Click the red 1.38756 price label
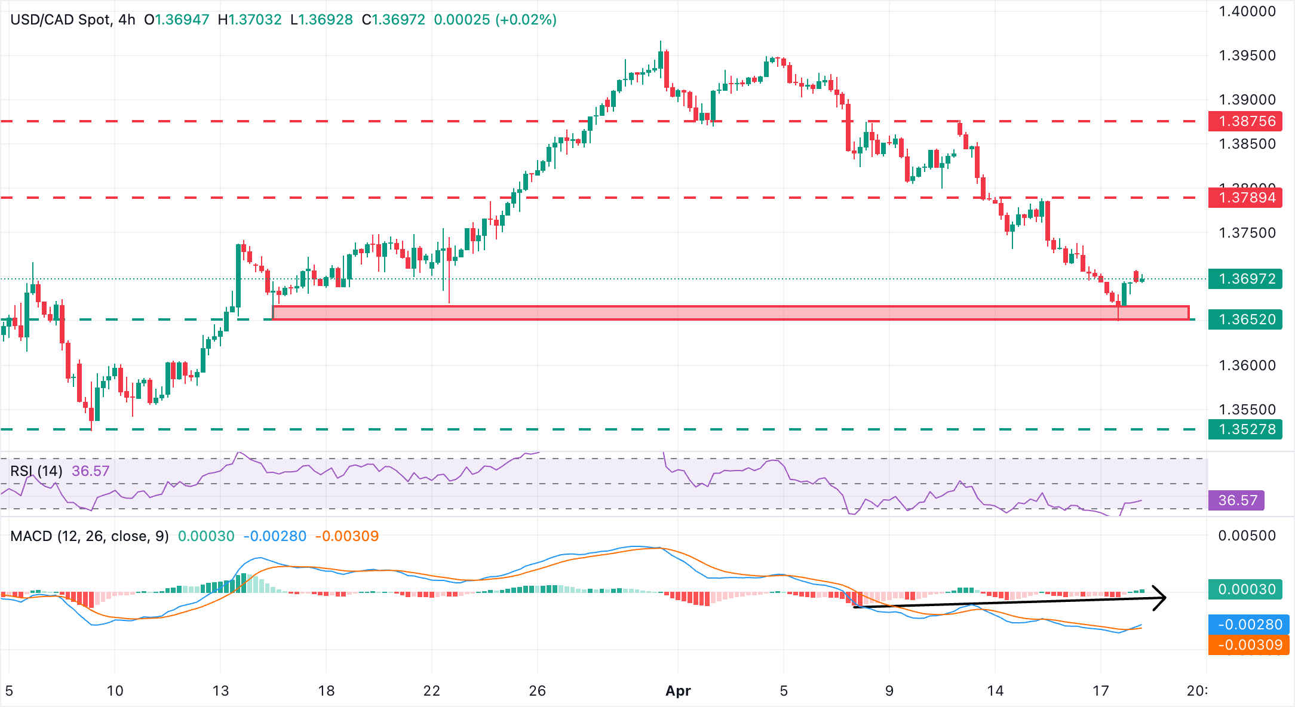(1245, 121)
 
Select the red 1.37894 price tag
(1245, 198)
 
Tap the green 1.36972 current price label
(1245, 279)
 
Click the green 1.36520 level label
(1245, 319)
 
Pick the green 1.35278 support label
(1245, 429)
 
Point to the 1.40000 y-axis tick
(1247, 11)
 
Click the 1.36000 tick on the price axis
(1247, 365)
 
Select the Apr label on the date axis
(678, 691)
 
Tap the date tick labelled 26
(537, 691)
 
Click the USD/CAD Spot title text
(60, 20)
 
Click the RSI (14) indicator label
(36, 471)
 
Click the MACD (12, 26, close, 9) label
(90, 536)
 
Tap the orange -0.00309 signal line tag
(1248, 645)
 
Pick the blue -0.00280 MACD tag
(1248, 625)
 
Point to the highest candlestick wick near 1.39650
(661, 43)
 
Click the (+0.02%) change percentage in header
(526, 20)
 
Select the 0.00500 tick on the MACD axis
(1247, 536)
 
